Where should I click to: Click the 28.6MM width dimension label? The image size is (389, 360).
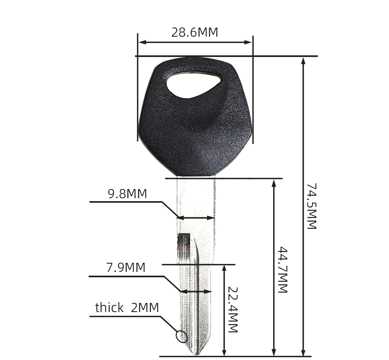pos(194,32)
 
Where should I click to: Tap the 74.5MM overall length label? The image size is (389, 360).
pos(312,206)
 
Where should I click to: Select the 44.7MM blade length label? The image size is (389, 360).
pos(282,270)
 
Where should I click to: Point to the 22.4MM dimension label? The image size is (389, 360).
pos(232,310)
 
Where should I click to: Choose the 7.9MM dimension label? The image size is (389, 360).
pos(125,268)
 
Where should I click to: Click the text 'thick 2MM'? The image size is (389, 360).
pos(127,308)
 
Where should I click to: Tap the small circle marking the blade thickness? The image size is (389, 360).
pos(181,336)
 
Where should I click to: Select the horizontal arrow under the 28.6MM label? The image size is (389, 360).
pos(195,42)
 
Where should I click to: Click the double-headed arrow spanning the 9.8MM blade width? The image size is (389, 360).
pos(196,218)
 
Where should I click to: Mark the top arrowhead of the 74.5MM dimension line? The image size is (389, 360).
pos(304,60)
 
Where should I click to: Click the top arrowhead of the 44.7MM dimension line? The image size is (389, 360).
pos(275,183)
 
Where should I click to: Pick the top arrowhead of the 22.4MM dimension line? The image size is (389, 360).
pos(224,269)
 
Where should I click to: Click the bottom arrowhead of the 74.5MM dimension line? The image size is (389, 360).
pos(304,352)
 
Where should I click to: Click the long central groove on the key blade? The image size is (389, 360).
pos(198,296)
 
